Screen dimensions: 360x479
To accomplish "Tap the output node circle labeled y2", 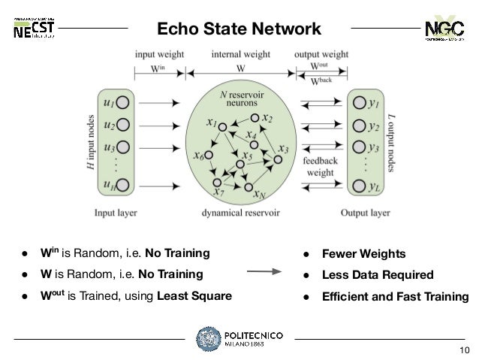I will pyautogui.click(x=357, y=123).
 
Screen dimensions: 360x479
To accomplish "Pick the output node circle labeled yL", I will pyautogui.click(x=357, y=185).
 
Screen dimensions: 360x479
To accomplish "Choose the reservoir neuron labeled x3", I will pyautogui.click(x=279, y=159).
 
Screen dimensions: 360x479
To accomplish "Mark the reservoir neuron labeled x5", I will pyautogui.click(x=239, y=165).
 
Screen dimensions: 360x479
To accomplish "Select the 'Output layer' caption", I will pyautogui.click(x=366, y=213).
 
